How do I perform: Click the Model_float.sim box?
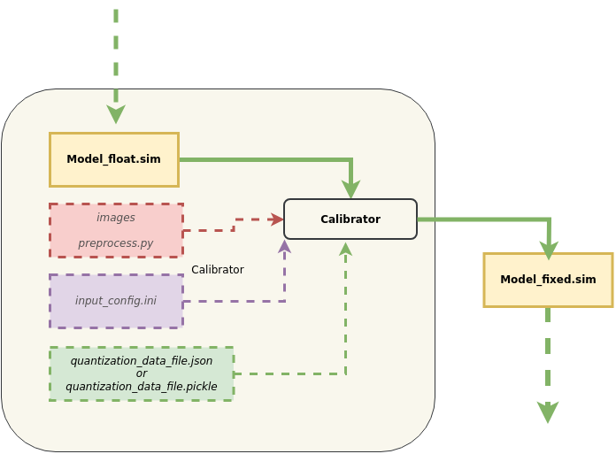(114, 160)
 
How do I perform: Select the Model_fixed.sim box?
(548, 280)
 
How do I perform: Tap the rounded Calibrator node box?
(350, 219)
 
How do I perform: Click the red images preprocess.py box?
(116, 230)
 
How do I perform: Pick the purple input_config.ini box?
(116, 301)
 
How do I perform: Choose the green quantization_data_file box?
(142, 373)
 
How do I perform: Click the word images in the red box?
(116, 218)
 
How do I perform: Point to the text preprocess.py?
(116, 242)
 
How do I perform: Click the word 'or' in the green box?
(142, 373)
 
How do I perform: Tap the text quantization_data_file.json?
(142, 361)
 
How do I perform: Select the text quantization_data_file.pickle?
(142, 387)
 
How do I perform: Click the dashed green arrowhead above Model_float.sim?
(116, 115)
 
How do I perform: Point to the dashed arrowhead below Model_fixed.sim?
(548, 413)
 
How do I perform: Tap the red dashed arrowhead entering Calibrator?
(278, 219)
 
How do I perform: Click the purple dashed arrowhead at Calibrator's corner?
(284, 246)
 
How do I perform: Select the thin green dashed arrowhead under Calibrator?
(346, 249)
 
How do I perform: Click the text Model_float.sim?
(114, 160)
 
